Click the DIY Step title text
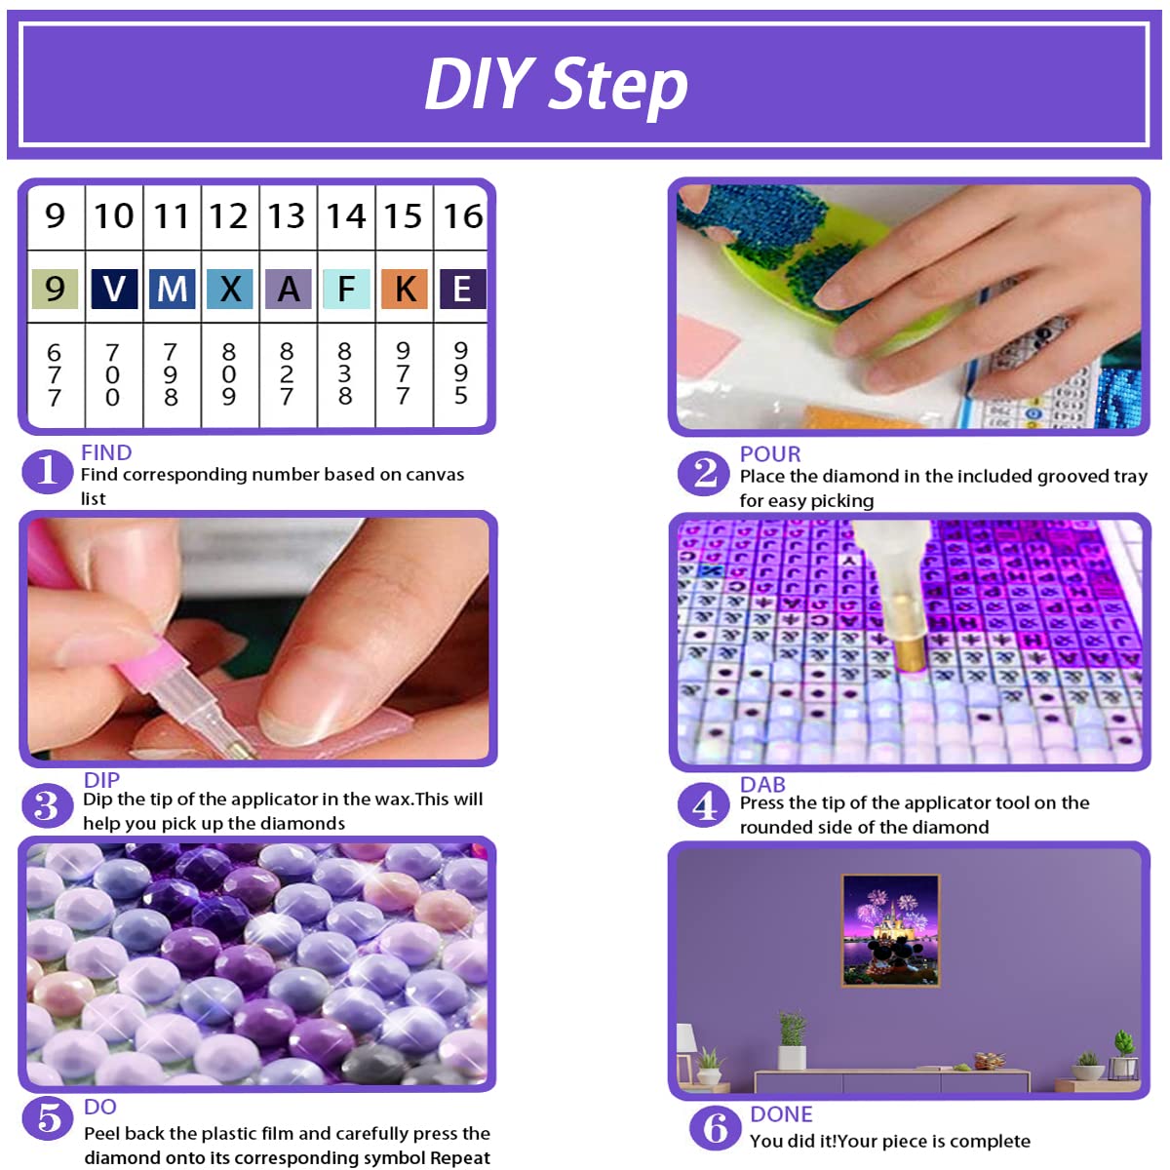[x=556, y=85]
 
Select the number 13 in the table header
[x=287, y=215]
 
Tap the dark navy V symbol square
[x=114, y=290]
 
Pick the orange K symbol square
[x=405, y=290]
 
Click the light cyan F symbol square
[x=346, y=290]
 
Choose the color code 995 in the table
[x=461, y=372]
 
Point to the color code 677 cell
[x=55, y=374]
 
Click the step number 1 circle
[x=47, y=471]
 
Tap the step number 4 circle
[x=704, y=805]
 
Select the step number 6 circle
[x=715, y=1128]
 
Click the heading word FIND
[x=106, y=452]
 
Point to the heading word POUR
[x=770, y=453]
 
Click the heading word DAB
[x=762, y=784]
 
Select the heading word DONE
[x=781, y=1113]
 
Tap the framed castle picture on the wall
[x=890, y=931]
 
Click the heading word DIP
[x=101, y=780]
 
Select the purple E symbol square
[x=462, y=290]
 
